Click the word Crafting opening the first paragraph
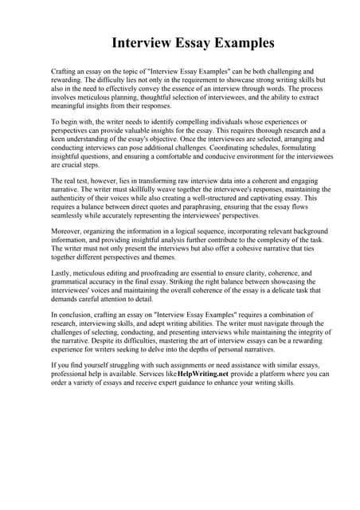(65, 71)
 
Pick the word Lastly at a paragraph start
(61, 273)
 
